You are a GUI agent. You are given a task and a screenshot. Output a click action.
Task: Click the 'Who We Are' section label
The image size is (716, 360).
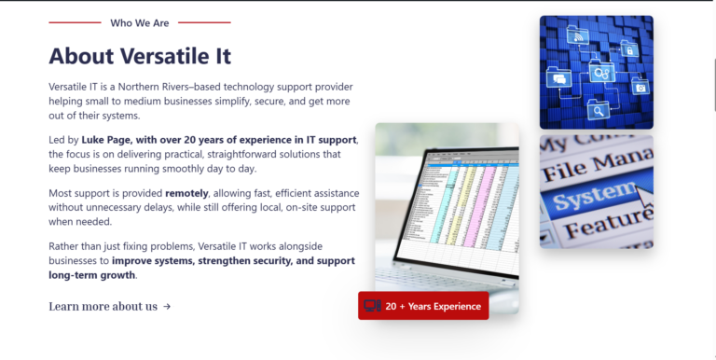139,22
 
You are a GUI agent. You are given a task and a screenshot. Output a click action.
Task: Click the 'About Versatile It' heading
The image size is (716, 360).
140,56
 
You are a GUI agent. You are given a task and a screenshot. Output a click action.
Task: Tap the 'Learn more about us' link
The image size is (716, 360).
103,306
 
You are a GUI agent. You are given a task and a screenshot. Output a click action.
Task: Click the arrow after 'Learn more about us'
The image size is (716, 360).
167,307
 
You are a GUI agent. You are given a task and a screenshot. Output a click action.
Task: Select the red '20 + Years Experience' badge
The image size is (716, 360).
423,306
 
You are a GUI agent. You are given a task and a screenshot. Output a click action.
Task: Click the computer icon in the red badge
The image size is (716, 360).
372,306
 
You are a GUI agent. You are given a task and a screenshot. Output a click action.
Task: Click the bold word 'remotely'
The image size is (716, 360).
186,193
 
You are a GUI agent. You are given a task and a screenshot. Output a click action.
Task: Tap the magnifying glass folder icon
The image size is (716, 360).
599,110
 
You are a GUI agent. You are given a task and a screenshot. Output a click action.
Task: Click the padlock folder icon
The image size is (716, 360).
629,48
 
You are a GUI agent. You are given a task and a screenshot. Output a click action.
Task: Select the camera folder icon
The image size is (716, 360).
640,87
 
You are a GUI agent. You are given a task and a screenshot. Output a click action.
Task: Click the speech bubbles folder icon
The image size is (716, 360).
559,77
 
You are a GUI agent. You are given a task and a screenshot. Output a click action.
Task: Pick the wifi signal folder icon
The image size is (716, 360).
578,35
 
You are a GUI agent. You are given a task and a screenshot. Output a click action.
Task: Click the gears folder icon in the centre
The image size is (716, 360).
602,72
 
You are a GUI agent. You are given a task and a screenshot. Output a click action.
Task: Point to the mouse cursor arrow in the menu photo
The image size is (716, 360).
644,198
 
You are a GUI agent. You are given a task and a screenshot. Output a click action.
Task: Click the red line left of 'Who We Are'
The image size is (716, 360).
75,22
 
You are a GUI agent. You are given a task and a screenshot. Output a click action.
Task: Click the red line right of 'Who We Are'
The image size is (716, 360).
204,22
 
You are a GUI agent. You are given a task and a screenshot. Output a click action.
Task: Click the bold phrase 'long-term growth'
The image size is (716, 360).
92,275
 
